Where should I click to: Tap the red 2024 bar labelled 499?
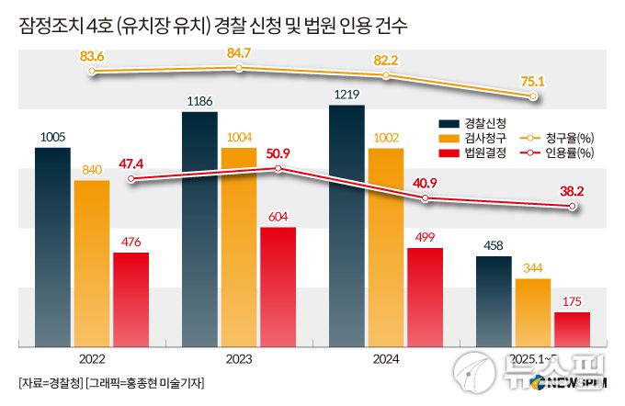tap(425, 297)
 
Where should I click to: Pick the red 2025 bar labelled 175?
tap(572, 329)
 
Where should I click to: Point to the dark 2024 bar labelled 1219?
tap(347, 226)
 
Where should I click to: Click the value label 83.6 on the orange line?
tap(92, 56)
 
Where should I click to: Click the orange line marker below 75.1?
tap(533, 94)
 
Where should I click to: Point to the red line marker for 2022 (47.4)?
tap(131, 179)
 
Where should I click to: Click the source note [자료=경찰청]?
tap(50, 382)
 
